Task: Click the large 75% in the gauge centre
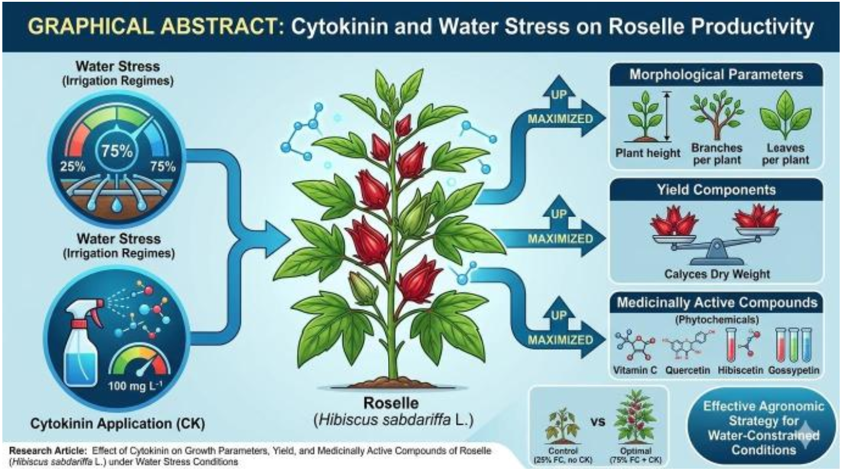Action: point(117,150)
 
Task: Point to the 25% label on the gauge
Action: point(73,166)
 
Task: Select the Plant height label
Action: point(648,153)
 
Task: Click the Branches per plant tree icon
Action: point(716,115)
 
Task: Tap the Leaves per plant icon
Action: point(785,115)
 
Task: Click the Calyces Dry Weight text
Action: point(717,274)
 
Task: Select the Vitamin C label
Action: point(635,370)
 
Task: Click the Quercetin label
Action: point(687,370)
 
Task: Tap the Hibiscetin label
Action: point(740,370)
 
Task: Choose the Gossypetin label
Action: point(794,370)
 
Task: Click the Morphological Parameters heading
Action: point(716,74)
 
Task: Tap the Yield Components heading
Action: point(716,190)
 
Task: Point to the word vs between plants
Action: point(597,421)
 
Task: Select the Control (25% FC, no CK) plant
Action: point(563,425)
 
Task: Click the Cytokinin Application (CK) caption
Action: point(117,423)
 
